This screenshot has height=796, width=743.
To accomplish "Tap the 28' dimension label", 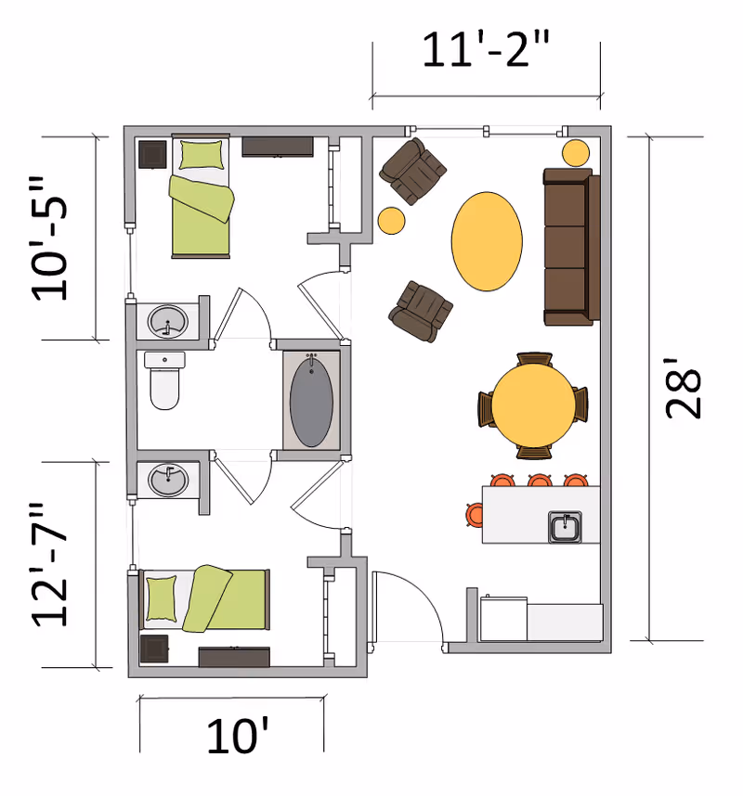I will [685, 394].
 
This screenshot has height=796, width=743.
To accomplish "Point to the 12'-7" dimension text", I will [50, 565].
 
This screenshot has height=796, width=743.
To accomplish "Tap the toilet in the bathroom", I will [165, 381].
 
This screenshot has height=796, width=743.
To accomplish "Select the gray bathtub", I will [311, 399].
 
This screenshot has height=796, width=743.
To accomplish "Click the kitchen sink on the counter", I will [565, 527].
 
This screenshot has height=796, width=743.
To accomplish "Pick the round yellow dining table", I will [533, 406].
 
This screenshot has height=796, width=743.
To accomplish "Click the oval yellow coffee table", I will [486, 241].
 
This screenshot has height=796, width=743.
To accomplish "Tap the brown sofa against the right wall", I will [567, 247].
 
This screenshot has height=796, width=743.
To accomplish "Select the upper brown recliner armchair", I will [413, 171].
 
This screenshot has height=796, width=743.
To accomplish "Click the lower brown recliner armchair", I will [421, 309].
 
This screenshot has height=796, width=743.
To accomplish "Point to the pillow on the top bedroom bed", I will [202, 154].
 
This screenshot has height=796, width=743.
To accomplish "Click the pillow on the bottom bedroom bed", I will [162, 598].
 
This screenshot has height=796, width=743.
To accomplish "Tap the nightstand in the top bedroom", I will [152, 153].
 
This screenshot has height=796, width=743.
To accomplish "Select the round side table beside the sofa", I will [576, 151].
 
